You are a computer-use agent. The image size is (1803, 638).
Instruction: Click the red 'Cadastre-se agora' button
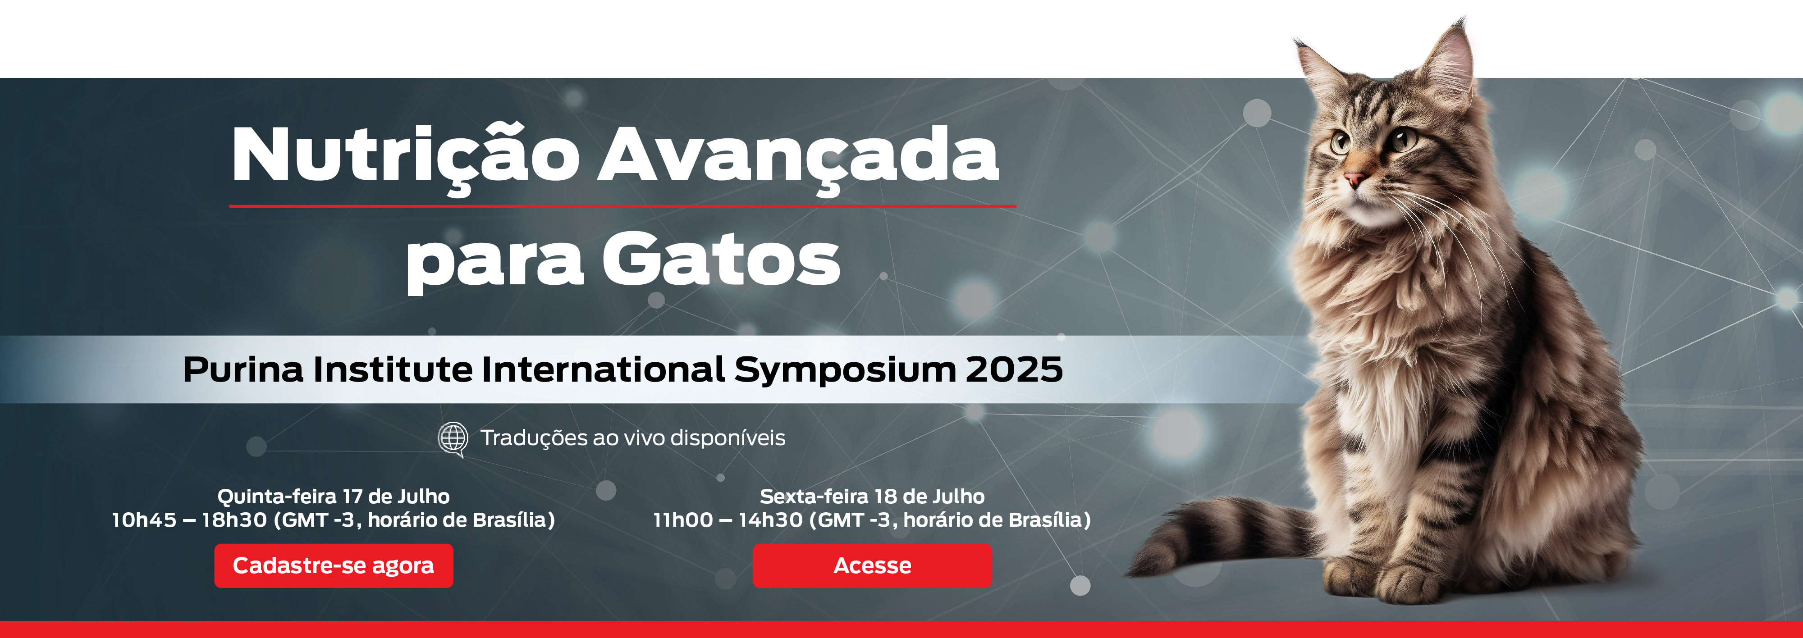tap(333, 565)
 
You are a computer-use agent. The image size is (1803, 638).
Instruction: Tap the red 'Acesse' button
tap(872, 565)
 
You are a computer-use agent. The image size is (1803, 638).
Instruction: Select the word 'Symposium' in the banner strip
tap(845, 371)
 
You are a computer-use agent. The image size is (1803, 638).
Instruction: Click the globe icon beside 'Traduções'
tap(453, 439)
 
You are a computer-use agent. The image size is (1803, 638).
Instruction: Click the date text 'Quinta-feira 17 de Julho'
tap(333, 496)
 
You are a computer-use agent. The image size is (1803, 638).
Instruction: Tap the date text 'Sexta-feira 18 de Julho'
tap(872, 496)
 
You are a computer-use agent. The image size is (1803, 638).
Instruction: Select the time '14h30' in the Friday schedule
tap(770, 520)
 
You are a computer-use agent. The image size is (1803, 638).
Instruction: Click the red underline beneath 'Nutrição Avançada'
tap(623, 206)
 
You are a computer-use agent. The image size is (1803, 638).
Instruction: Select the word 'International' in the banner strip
tap(603, 369)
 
